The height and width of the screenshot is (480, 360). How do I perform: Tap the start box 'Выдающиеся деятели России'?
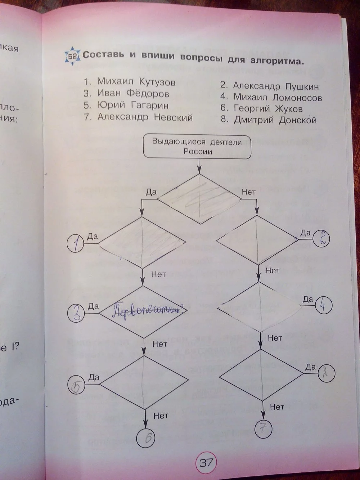pos(197,146)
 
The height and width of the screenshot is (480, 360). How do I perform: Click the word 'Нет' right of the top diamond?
pos(248,192)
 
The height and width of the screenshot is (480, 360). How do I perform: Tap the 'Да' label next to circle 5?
pos(94,377)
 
